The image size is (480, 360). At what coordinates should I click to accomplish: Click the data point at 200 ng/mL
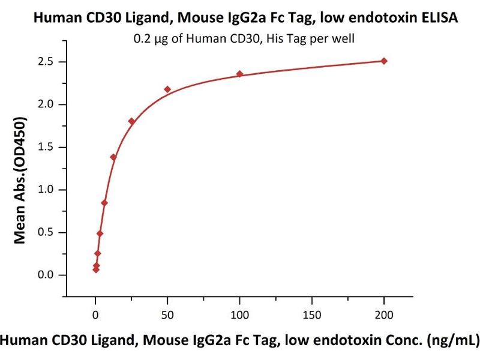point(384,61)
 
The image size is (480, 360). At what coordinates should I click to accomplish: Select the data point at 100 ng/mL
point(240,74)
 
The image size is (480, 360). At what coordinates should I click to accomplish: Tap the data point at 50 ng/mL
point(167,89)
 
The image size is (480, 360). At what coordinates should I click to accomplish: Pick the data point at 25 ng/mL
point(131,121)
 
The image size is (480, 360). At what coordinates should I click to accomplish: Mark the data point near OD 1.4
point(113,157)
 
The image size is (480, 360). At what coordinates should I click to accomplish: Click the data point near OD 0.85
point(104,203)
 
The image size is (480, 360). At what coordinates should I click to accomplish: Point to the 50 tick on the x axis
point(167,316)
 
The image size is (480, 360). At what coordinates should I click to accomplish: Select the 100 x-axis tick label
point(240,316)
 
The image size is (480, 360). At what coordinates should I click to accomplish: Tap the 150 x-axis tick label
point(312,316)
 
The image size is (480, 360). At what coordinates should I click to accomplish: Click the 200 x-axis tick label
point(384,316)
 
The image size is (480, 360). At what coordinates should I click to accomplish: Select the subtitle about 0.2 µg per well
point(240,40)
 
